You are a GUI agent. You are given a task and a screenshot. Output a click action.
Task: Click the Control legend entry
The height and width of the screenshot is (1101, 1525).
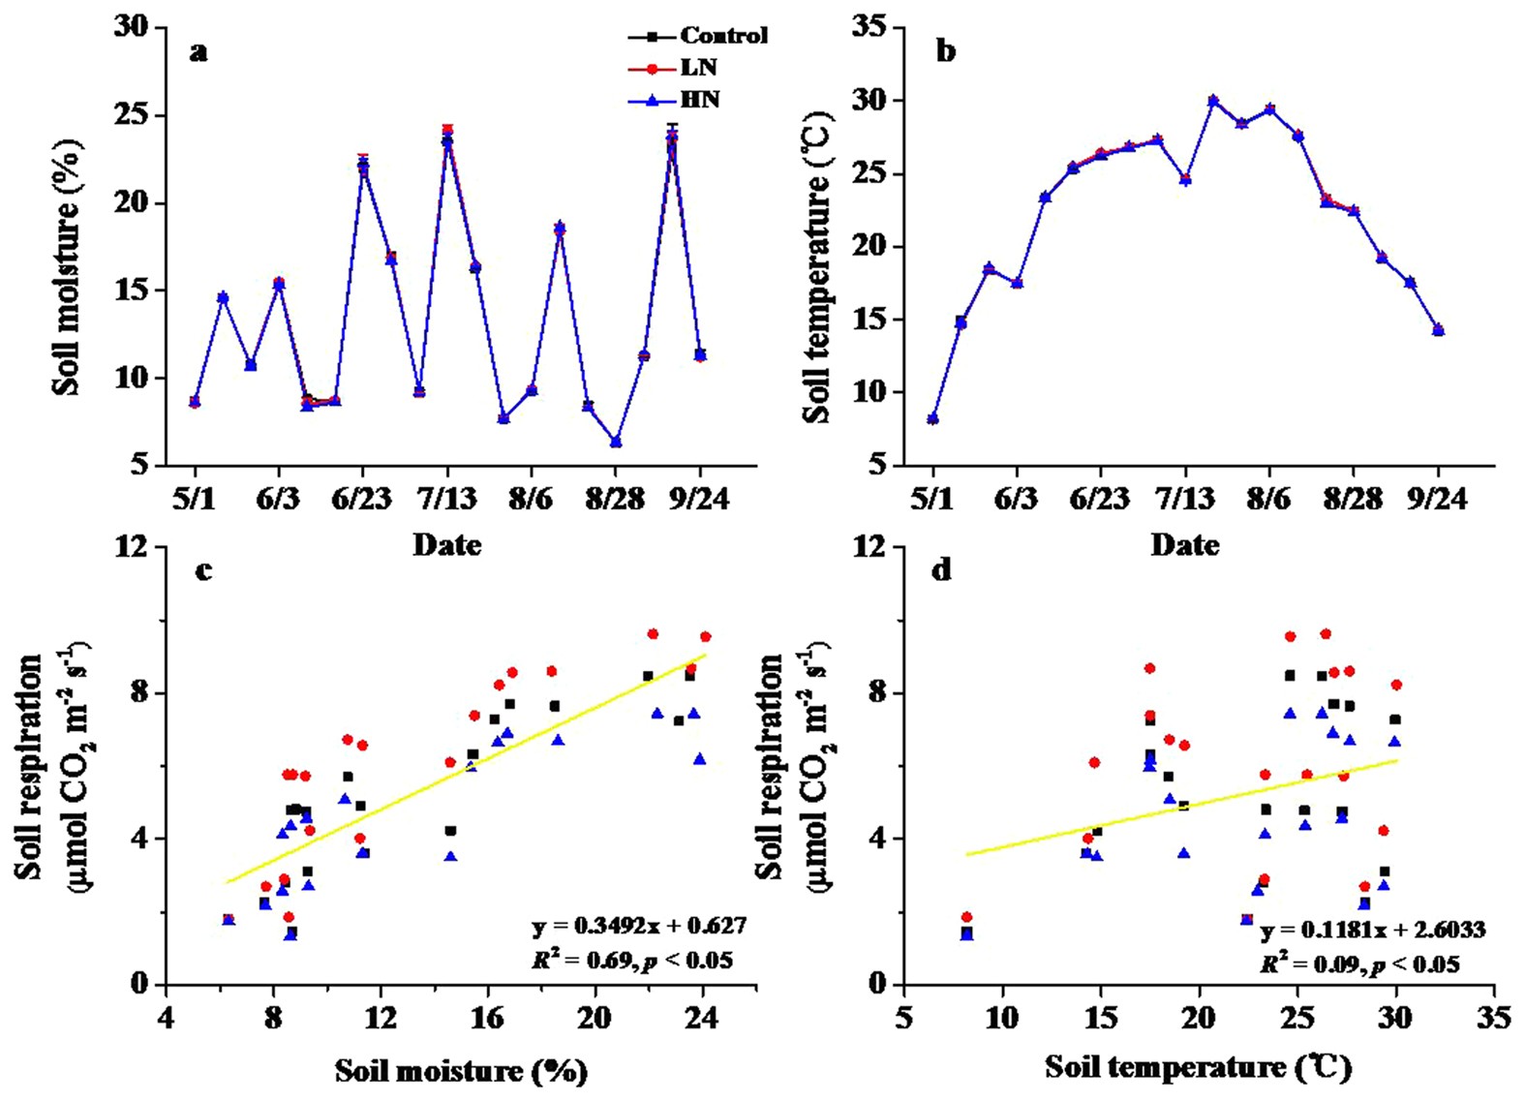point(722,36)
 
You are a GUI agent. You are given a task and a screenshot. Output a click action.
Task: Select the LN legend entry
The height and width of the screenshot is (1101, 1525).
point(697,68)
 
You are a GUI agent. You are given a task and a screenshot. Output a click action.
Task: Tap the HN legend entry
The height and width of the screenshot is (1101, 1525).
point(699,100)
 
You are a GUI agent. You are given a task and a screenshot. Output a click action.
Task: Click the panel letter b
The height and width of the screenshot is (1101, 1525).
point(946,51)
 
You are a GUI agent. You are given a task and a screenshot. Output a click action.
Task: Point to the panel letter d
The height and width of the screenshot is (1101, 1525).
point(940,570)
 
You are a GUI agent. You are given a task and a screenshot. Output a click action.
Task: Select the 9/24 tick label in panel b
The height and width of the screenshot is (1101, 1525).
point(1438,499)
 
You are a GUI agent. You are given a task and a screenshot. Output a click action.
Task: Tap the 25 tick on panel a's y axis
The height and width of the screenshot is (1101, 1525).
point(132,115)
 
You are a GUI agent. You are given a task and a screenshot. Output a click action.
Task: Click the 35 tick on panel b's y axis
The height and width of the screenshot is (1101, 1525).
point(869,27)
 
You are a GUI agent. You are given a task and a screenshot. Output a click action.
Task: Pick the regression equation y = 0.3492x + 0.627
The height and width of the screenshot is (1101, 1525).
point(639,926)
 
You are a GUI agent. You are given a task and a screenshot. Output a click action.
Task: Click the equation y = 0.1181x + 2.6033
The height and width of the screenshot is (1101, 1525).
point(1372,930)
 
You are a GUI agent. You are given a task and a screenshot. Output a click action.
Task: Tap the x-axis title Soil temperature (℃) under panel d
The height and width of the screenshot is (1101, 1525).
point(1198,1067)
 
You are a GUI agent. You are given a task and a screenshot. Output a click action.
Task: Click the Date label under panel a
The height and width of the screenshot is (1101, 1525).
point(446,545)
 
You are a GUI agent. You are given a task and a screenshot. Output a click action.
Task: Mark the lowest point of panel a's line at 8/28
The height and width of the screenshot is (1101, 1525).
point(616,443)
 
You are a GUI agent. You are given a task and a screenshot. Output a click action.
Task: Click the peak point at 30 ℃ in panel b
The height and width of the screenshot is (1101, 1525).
point(1212,101)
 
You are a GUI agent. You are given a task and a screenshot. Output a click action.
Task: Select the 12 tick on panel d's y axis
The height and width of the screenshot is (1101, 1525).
point(869,547)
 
